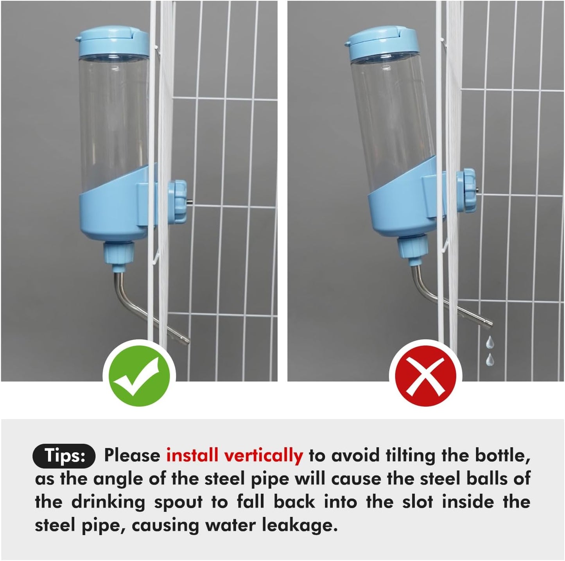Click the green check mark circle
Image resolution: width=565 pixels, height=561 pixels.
[139, 376]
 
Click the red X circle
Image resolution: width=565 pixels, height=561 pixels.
[425, 376]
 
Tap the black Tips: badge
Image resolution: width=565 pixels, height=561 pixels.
[64, 456]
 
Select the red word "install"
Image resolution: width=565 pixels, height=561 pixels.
[192, 456]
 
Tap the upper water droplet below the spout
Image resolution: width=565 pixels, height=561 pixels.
[490, 343]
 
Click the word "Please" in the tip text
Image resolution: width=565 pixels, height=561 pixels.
[132, 456]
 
